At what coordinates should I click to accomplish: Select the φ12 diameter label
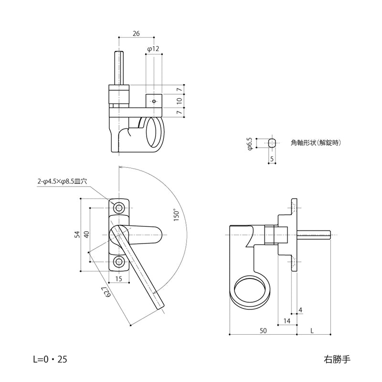click(x=153, y=49)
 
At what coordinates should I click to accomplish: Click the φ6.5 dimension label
click(x=249, y=143)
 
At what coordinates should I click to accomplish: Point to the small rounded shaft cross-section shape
click(x=272, y=143)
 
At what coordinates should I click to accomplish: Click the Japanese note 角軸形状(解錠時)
click(x=318, y=143)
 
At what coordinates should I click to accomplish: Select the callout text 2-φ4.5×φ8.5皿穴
click(x=62, y=181)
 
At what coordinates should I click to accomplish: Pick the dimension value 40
click(x=86, y=234)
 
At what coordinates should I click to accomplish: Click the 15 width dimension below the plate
click(x=118, y=278)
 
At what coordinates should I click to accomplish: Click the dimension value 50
click(x=263, y=330)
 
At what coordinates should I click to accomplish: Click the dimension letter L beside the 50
click(x=312, y=330)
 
